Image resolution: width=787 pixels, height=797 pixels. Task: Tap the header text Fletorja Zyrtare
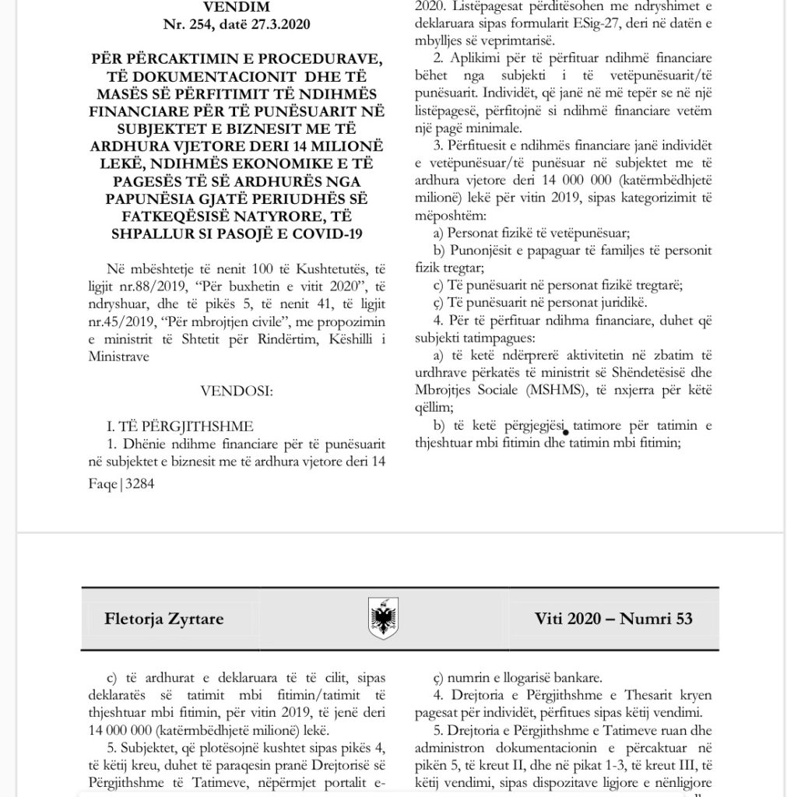pos(164,620)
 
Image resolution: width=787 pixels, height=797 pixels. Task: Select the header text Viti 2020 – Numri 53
pos(613,620)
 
